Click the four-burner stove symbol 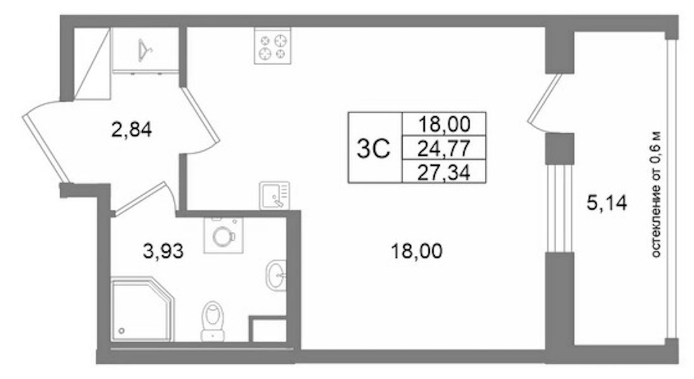pyautogui.click(x=272, y=45)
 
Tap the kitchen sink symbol pyautogui.click(x=274, y=195)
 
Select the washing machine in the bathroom pyautogui.click(x=223, y=235)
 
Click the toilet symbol pyautogui.click(x=212, y=322)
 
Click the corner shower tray pyautogui.click(x=141, y=309)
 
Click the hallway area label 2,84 pyautogui.click(x=131, y=130)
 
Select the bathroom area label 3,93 pyautogui.click(x=163, y=251)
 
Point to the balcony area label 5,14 pyautogui.click(x=607, y=203)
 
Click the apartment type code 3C pyautogui.click(x=374, y=148)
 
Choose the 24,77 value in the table pyautogui.click(x=444, y=148)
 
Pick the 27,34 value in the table pyautogui.click(x=444, y=172)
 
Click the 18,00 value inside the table pyautogui.click(x=444, y=124)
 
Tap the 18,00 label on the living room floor pyautogui.click(x=417, y=251)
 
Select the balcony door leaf pyautogui.click(x=544, y=99)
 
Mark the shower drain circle pyautogui.click(x=122, y=330)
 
